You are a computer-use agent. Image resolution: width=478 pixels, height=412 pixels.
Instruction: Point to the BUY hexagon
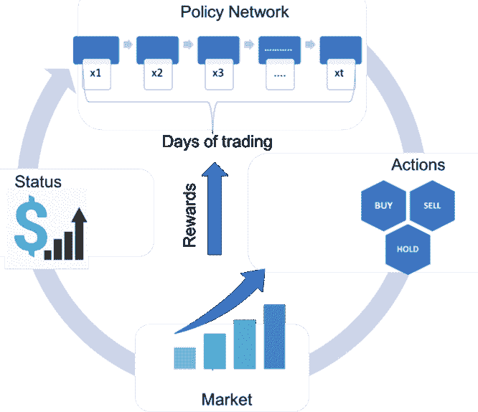(383, 205)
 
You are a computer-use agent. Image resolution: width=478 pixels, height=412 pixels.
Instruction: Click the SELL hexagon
(432, 205)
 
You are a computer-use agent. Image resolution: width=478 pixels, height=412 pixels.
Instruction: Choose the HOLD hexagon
(408, 250)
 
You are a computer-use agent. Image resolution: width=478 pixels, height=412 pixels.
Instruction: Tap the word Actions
(418, 165)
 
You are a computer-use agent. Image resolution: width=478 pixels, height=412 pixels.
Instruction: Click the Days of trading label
(217, 141)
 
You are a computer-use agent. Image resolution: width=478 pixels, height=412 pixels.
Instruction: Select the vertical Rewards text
(189, 216)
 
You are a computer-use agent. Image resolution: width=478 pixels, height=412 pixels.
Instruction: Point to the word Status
(38, 181)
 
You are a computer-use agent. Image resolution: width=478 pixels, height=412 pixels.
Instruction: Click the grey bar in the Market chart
(185, 357)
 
